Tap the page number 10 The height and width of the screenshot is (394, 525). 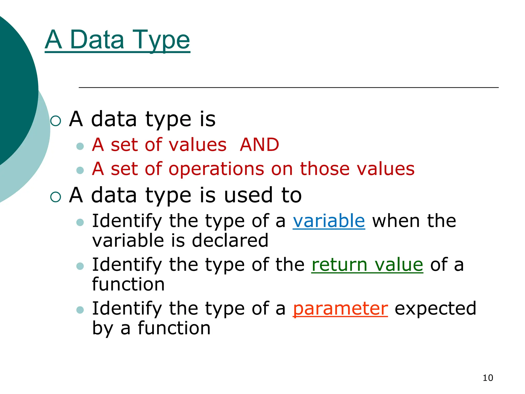coord(488,378)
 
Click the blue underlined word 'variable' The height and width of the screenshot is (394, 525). coord(329,221)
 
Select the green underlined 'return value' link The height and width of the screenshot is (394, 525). coord(367,265)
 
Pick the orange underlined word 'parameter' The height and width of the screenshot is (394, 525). coord(340,308)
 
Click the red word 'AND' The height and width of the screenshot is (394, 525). coord(259,145)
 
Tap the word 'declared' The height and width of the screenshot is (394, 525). coord(230,241)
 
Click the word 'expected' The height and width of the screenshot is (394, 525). coord(435,308)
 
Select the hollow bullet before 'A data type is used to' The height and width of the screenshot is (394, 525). coord(56,197)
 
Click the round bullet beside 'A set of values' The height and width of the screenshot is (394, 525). coord(80,146)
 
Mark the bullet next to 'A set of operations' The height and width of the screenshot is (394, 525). coord(80,170)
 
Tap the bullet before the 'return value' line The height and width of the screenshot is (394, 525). coord(80,266)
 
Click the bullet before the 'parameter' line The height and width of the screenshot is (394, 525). coord(80,310)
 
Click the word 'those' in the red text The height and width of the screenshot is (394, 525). coord(325,169)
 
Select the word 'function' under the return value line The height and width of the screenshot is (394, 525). coord(128,284)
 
